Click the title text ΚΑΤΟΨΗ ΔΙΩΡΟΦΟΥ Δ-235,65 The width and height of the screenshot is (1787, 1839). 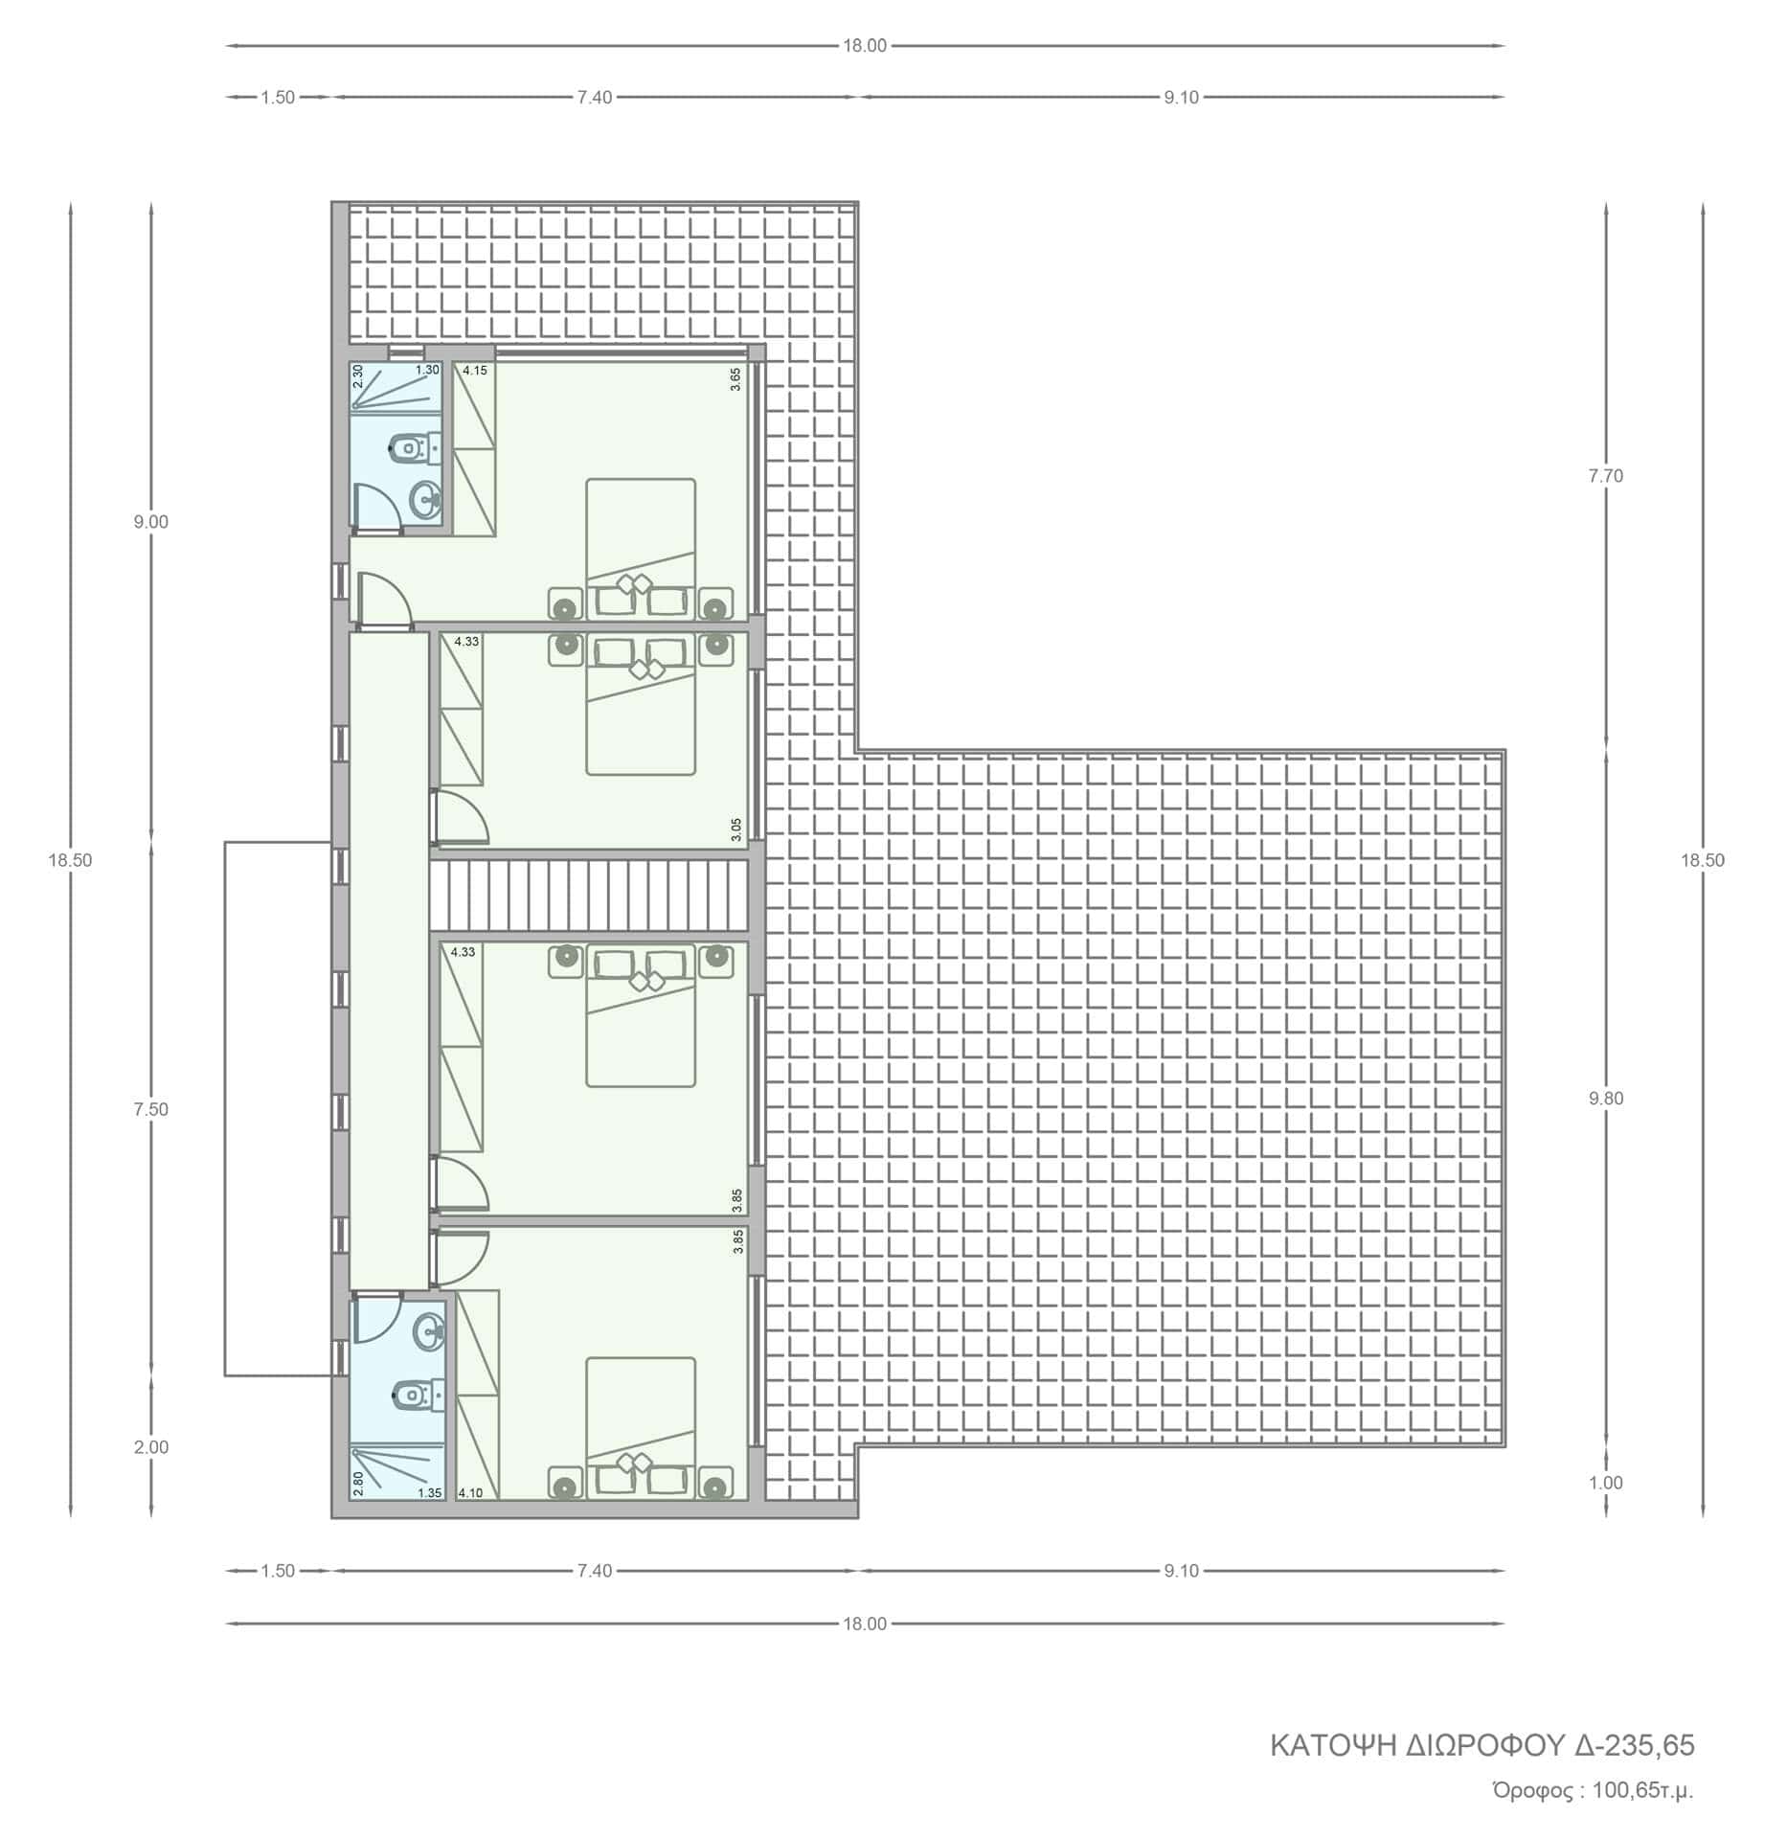[1482, 1745]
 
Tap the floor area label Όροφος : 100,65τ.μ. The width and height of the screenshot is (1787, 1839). [1593, 1790]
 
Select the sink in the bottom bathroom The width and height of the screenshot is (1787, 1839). [428, 1329]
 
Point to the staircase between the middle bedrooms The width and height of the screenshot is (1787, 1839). [588, 895]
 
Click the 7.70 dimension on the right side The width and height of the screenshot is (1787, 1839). [1606, 476]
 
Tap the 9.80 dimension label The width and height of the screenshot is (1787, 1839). [1606, 1099]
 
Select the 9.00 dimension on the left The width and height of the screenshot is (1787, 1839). [151, 522]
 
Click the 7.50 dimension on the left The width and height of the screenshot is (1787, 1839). [151, 1109]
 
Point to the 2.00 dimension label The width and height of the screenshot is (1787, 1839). [151, 1447]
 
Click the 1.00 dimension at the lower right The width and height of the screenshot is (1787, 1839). [1606, 1483]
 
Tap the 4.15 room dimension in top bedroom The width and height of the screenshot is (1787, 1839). [476, 370]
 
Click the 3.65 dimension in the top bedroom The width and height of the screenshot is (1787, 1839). [735, 379]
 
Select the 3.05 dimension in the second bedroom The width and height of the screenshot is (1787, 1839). [735, 829]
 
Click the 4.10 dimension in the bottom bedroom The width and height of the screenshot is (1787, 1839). [470, 1492]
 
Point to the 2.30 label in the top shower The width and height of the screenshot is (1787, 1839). [358, 375]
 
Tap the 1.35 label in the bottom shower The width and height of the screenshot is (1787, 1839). [430, 1492]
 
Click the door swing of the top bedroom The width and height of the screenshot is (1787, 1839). [384, 599]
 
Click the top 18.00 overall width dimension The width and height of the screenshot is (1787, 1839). [865, 45]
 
